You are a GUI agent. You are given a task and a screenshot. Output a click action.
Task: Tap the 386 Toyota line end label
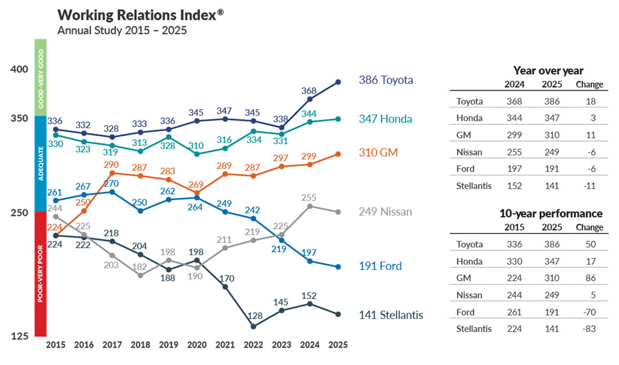point(385,80)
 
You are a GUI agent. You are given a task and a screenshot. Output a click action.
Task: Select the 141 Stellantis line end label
point(391,315)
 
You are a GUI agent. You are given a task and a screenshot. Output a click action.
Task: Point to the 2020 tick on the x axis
point(196,345)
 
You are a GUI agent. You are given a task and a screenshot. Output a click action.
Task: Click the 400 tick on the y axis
point(19,69)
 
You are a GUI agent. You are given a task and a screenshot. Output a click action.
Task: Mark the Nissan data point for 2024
point(309,206)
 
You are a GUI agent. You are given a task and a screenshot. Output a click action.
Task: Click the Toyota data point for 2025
point(338,82)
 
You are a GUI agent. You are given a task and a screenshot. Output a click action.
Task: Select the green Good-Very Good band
point(40,77)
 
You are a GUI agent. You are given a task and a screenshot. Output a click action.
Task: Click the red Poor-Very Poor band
point(40,273)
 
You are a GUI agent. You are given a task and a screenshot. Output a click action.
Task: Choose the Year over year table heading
point(548,71)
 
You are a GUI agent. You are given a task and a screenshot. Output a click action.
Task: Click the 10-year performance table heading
point(551,214)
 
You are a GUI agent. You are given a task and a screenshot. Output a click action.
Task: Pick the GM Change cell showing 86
point(590,278)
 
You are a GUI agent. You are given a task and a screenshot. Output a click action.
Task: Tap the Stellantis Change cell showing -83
point(589,329)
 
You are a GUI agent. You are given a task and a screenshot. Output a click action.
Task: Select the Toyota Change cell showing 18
point(590,102)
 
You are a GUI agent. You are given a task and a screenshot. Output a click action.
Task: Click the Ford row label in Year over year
point(465,169)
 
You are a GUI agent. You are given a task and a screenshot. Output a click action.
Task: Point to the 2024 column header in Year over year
point(514,84)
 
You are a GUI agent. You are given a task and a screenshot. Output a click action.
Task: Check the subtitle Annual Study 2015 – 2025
point(122,30)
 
